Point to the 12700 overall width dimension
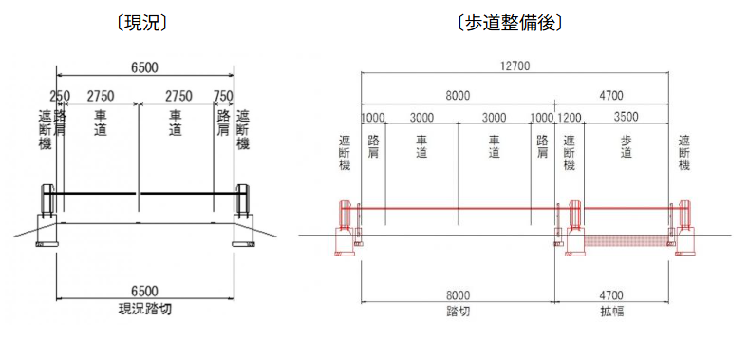coord(512,66)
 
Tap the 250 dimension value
coord(60,96)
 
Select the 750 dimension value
coord(223,96)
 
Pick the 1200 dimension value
coord(569,117)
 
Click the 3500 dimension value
coord(626,117)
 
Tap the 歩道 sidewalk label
coord(626,149)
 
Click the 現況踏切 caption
coord(144,310)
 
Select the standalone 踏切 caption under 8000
coord(458,310)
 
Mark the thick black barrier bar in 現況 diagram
coord(142,195)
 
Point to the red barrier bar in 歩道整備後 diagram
coord(456,209)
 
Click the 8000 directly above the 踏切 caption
coord(458,294)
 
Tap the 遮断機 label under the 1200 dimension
coord(569,153)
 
